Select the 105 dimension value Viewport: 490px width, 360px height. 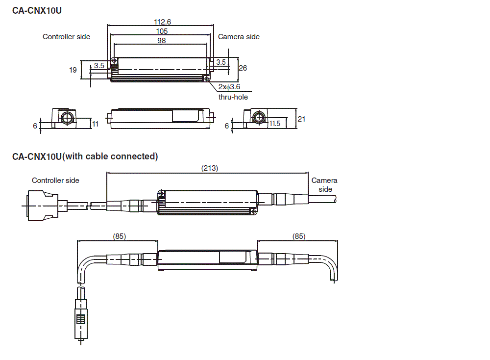tap(161, 31)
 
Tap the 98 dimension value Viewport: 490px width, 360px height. tap(161, 41)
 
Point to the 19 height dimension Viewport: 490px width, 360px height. tap(73, 70)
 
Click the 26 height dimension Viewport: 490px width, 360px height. tap(243, 68)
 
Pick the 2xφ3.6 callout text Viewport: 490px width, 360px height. tap(229, 87)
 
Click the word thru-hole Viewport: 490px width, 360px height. tap(233, 97)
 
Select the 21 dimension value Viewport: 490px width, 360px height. tap(302, 119)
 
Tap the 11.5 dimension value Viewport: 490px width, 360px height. tap(275, 124)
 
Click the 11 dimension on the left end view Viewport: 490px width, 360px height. tap(96, 124)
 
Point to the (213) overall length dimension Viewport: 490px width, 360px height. tap(210, 168)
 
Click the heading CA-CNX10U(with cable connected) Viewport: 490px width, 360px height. tap(85, 156)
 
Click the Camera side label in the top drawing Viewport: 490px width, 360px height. tap(239, 37)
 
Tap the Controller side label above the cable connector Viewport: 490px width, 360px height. tap(55, 180)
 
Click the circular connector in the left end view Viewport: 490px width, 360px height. tap(67, 118)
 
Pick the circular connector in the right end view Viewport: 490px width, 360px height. tap(258, 118)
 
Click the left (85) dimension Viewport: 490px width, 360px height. tap(119, 236)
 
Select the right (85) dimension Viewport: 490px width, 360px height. tap(299, 236)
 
